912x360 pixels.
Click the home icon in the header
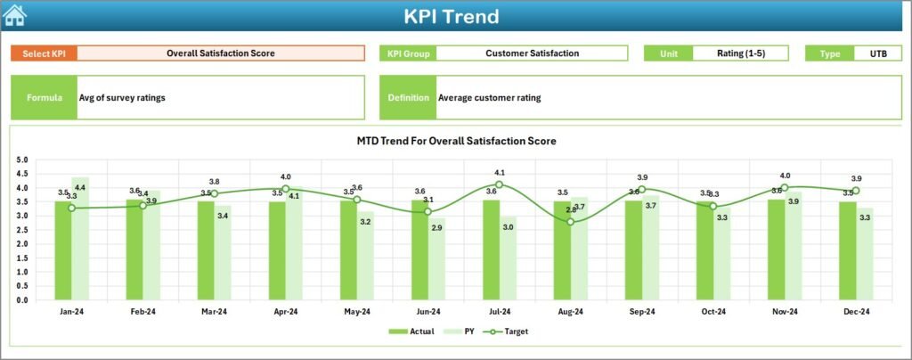(x=15, y=16)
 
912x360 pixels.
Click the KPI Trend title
(x=451, y=16)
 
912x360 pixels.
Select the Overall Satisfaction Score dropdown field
(x=220, y=53)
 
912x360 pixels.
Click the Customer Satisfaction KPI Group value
(x=532, y=53)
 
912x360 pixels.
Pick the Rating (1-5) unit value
(x=740, y=53)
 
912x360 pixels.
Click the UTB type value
(x=877, y=53)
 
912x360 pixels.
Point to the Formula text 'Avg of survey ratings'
(x=122, y=98)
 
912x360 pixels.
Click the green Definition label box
(x=408, y=98)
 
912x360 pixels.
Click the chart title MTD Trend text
(x=456, y=141)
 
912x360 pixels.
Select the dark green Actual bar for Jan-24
(x=62, y=250)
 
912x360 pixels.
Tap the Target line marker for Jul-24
(x=500, y=184)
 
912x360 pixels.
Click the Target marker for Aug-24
(x=571, y=221)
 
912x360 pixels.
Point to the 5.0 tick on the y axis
(x=22, y=160)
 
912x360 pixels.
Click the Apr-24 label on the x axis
(x=285, y=312)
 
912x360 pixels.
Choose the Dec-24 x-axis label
(x=856, y=312)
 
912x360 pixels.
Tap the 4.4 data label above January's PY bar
(x=80, y=188)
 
